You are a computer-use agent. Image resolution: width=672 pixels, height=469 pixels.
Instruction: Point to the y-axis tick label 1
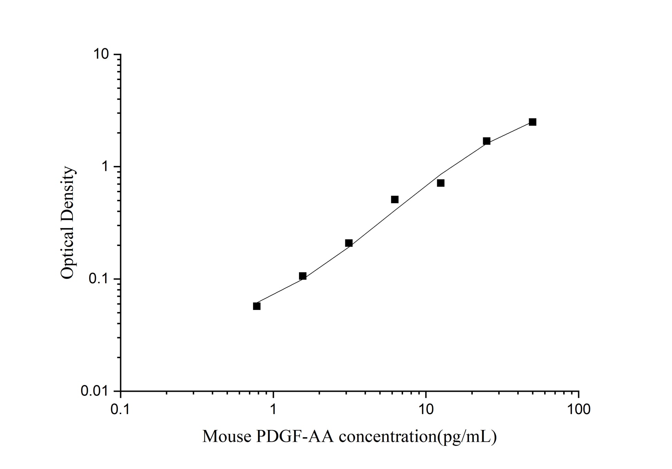point(106,167)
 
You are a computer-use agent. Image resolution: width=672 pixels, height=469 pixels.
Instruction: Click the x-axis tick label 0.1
point(121,409)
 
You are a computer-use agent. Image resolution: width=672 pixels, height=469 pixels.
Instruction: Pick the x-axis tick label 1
point(273,409)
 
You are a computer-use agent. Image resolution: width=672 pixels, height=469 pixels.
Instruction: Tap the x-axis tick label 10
point(426,409)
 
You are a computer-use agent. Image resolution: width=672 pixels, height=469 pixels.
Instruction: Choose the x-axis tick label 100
point(578,409)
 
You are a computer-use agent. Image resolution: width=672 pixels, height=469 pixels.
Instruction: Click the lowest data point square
point(257,306)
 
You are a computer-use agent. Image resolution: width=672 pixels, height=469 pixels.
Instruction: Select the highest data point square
point(532,122)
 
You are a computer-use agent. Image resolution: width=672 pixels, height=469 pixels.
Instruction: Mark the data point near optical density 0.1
point(303,276)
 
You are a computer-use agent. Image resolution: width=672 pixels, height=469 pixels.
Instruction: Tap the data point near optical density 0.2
point(349,243)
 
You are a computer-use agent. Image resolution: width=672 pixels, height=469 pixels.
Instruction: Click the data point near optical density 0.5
point(395,199)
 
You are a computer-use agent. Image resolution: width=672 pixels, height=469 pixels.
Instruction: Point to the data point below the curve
point(441,183)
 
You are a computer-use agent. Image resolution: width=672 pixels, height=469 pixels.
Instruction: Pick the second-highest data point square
point(487,141)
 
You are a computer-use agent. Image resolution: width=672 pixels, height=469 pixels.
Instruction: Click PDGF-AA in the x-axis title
point(295,437)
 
